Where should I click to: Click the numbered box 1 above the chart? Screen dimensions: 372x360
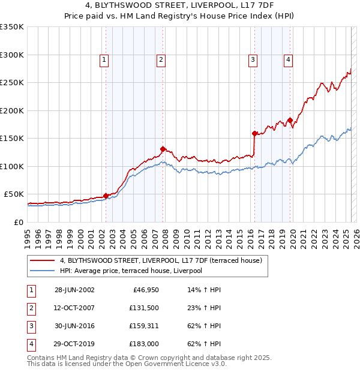[104, 59]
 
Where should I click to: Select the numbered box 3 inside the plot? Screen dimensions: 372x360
[253, 59]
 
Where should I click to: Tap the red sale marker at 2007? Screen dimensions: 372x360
[163, 149]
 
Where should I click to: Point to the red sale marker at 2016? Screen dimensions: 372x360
[254, 133]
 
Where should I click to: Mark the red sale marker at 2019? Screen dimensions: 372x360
[290, 120]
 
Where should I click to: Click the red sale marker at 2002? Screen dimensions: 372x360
[106, 196]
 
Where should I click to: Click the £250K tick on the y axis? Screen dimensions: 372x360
[11, 83]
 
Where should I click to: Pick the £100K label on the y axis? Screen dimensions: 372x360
[11, 166]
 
